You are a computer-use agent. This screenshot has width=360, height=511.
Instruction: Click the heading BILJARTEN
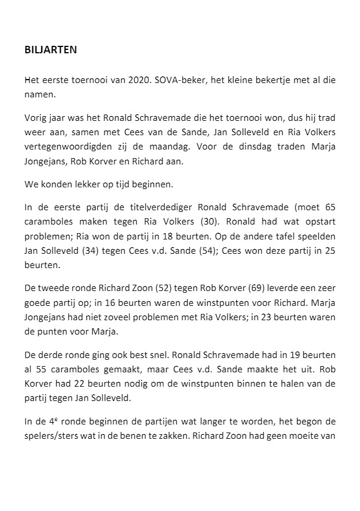coord(50,50)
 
